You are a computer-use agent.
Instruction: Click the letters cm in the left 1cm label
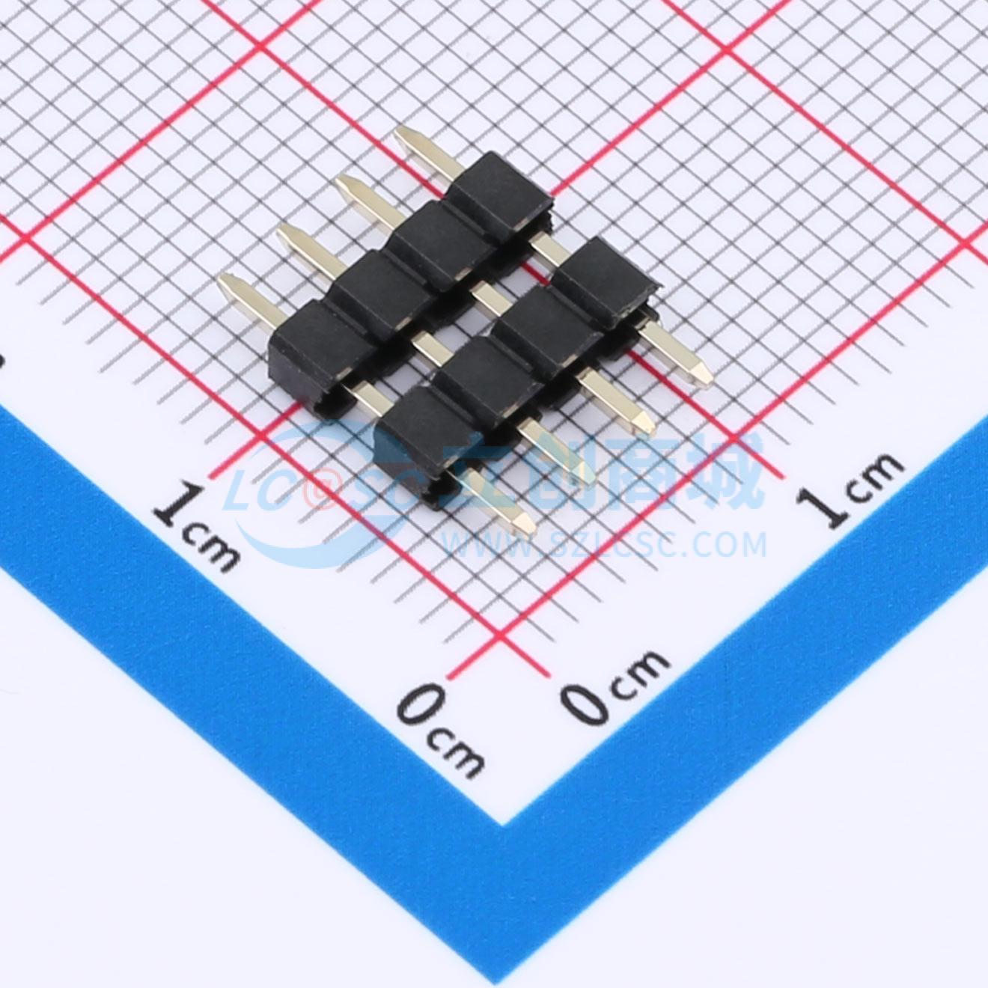tap(213, 549)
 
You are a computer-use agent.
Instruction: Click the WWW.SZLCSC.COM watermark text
tap(605, 544)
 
